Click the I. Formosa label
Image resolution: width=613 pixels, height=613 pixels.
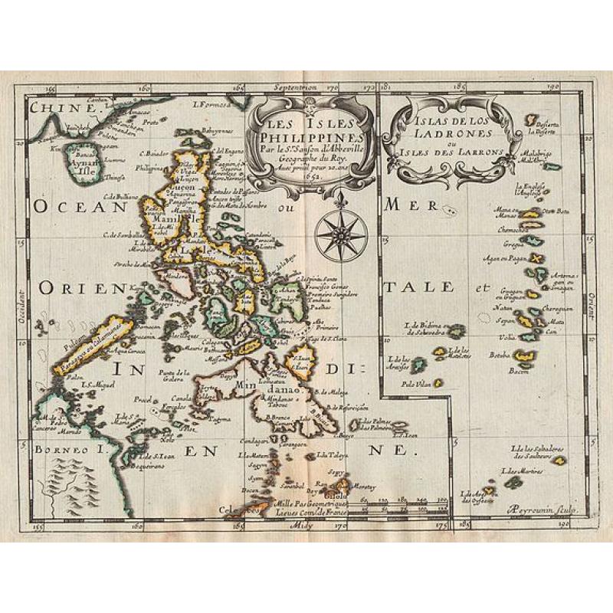point(208,104)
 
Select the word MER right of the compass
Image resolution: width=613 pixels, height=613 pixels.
point(402,205)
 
